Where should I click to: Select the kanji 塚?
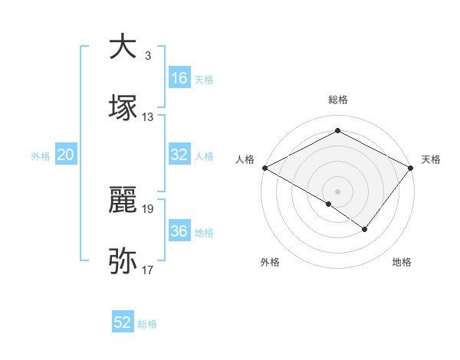click(123, 108)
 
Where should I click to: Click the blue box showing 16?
click(179, 78)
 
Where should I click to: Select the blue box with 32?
click(179, 155)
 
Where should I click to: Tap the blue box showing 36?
click(179, 232)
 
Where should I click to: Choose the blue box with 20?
click(65, 155)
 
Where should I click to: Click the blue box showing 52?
click(123, 322)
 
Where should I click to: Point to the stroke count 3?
click(148, 56)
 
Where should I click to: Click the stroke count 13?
click(148, 117)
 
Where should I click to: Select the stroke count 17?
click(148, 270)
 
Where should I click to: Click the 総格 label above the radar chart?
click(337, 100)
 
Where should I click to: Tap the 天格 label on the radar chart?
click(432, 159)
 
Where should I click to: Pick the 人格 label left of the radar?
click(245, 159)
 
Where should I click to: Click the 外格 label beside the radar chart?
click(270, 262)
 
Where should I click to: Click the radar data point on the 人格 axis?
click(264, 167)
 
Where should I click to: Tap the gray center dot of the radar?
click(337, 191)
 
